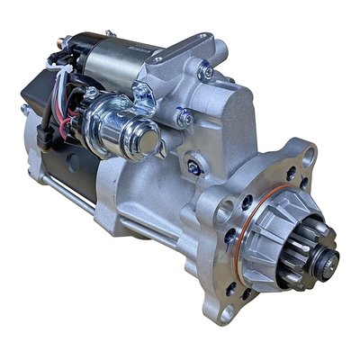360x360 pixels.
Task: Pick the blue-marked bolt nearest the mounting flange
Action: (x=193, y=167)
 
